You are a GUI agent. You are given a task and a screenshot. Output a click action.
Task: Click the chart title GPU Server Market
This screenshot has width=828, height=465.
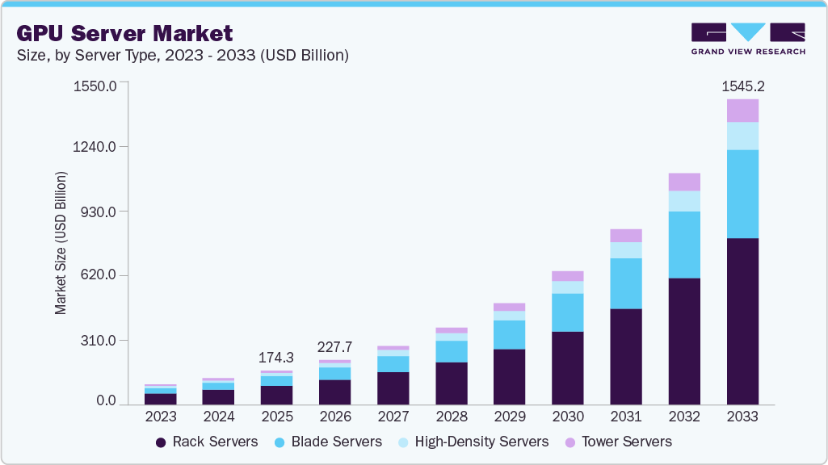124,33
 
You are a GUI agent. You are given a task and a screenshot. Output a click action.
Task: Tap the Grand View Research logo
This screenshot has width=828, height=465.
748,38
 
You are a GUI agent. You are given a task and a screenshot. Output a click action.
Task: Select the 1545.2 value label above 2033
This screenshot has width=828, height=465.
742,86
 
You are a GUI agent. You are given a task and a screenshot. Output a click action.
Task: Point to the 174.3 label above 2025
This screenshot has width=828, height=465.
276,357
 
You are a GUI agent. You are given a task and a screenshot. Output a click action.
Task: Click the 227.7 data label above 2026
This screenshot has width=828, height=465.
334,347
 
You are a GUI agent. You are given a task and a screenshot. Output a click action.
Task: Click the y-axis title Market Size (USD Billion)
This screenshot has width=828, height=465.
61,243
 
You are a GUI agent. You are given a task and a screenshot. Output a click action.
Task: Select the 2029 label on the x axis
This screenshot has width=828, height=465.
509,417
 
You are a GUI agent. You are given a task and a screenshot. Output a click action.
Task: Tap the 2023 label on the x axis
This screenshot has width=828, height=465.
160,417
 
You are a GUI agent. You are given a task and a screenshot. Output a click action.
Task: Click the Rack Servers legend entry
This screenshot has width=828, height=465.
206,442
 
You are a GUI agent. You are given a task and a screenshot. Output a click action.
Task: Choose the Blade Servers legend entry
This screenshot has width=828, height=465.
326,442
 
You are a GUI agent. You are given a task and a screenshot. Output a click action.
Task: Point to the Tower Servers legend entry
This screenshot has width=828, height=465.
618,442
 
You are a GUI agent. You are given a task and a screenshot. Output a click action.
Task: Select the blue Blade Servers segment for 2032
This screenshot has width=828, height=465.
684,245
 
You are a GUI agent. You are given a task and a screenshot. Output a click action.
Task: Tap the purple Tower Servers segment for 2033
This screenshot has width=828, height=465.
742,111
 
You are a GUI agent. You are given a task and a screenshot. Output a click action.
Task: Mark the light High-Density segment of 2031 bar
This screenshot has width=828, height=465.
626,250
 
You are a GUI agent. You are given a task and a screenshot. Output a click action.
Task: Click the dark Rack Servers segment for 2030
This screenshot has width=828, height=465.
568,367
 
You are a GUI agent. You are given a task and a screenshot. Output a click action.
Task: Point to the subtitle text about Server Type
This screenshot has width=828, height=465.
183,56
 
